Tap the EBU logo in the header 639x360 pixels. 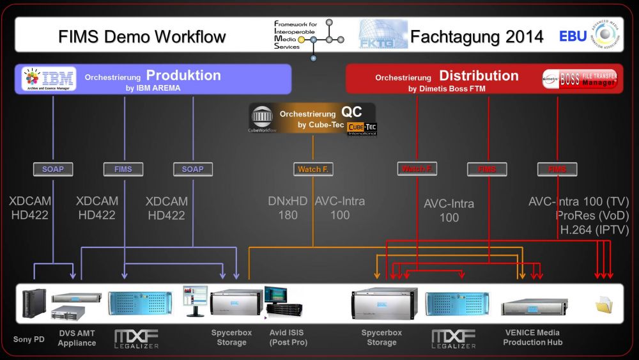(573, 36)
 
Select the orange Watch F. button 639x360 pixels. (312, 169)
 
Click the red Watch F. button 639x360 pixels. (417, 169)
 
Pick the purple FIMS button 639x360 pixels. (123, 169)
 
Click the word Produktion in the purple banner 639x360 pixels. (183, 75)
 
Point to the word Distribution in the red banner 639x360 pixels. (479, 75)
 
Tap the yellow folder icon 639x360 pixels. (603, 305)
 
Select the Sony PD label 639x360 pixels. (29, 339)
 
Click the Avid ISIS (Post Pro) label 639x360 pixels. (288, 338)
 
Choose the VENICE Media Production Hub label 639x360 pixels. (532, 338)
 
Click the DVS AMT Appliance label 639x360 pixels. (77, 338)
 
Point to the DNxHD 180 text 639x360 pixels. (288, 208)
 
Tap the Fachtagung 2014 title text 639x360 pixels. (477, 36)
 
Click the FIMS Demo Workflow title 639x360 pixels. (142, 36)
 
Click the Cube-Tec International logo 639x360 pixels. (362, 129)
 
